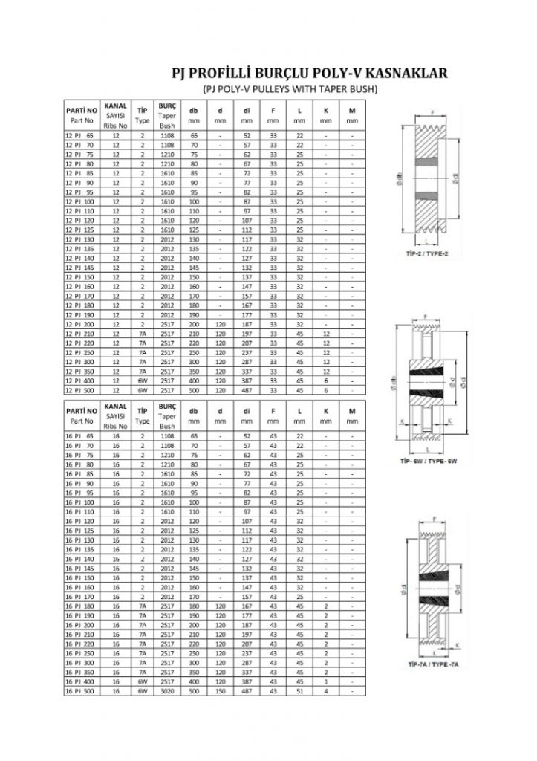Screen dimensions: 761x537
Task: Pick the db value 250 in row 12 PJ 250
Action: (194, 352)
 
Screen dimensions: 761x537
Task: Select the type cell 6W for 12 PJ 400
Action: (141, 380)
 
